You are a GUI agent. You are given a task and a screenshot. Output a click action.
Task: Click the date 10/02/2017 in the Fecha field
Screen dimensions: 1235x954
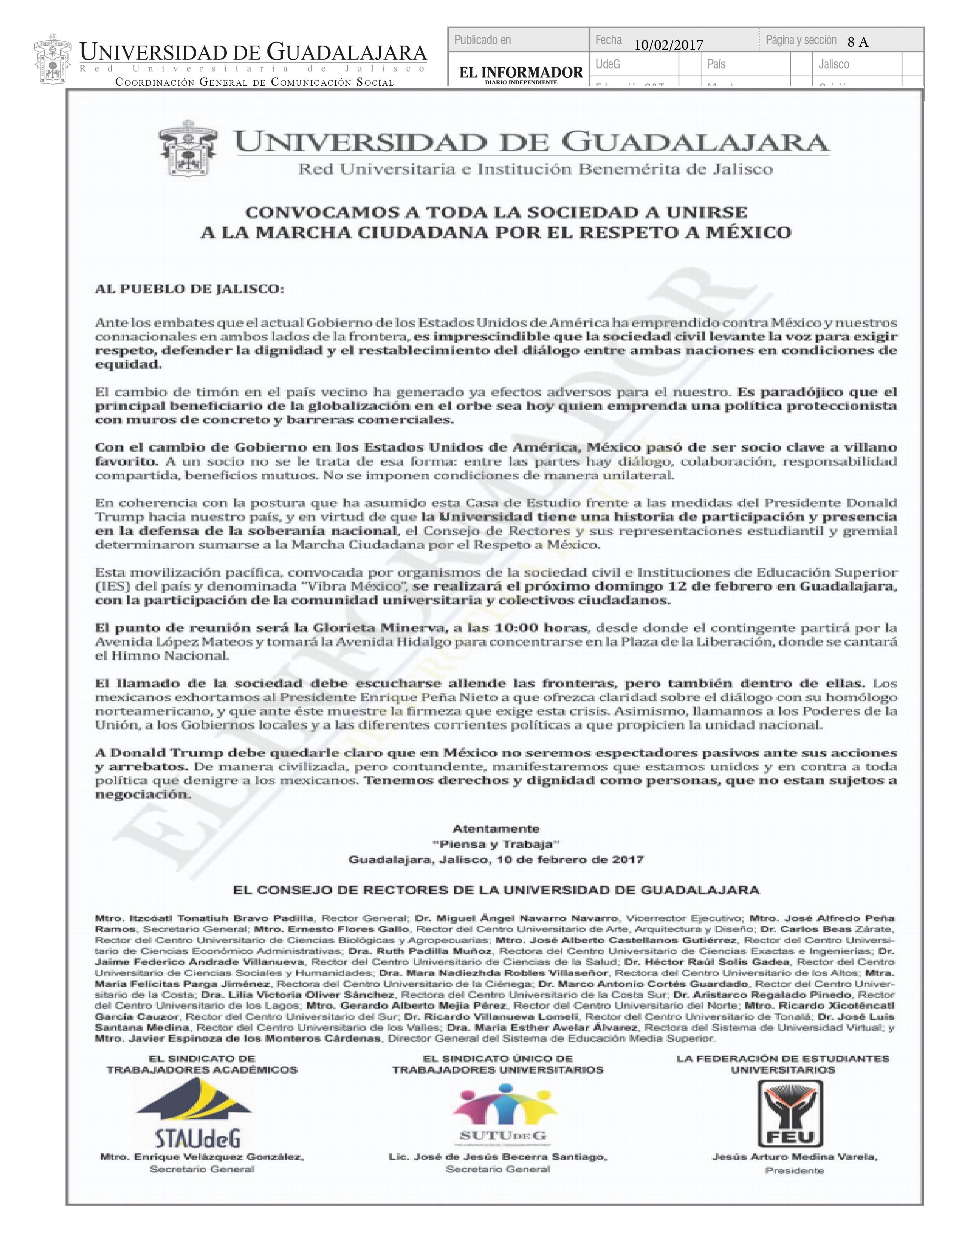[x=669, y=45]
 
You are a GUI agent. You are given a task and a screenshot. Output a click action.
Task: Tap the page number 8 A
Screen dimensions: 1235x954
[x=858, y=42]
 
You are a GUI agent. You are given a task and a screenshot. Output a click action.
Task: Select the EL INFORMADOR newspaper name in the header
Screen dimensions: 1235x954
[x=520, y=72]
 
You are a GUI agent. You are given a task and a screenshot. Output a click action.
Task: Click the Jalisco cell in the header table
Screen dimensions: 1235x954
[x=834, y=64]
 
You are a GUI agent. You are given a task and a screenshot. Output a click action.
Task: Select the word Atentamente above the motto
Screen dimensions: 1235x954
[x=496, y=829]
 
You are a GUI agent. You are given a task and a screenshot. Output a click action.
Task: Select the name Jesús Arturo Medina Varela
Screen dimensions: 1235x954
[x=794, y=1157]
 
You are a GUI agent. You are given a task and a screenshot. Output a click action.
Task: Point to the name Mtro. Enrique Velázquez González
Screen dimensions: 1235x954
[x=202, y=1157]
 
